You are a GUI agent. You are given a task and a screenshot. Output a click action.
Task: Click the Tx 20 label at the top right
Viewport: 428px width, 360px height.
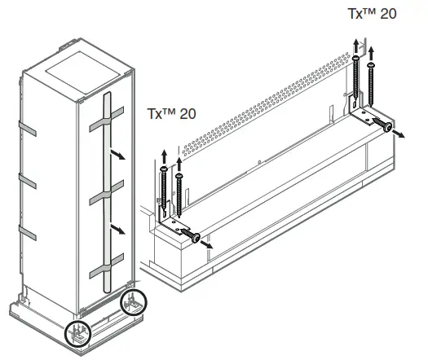[372, 14]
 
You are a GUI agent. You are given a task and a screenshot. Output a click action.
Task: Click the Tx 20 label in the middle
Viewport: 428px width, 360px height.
[171, 113]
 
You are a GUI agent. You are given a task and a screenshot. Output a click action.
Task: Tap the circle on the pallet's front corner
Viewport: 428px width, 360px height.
[77, 334]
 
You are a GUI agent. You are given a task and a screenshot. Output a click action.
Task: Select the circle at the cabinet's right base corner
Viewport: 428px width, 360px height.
[134, 302]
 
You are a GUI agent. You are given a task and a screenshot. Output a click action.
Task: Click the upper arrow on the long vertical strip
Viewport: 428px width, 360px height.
[117, 155]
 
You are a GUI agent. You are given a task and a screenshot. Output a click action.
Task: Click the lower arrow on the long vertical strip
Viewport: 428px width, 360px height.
[117, 229]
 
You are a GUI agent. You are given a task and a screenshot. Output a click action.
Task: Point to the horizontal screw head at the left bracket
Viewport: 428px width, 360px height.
[196, 238]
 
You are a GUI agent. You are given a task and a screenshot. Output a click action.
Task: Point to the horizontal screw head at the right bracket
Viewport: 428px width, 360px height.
[387, 127]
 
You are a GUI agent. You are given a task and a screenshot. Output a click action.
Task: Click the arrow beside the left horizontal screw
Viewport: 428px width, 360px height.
[206, 244]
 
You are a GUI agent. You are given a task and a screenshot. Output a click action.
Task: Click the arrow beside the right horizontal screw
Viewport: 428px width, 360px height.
[399, 134]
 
